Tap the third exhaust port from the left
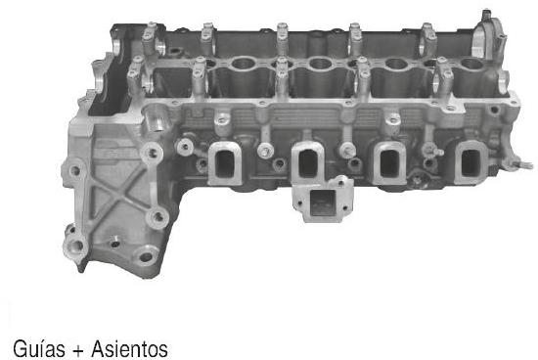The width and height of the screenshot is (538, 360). point(391,158)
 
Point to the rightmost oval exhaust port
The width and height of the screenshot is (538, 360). point(469,158)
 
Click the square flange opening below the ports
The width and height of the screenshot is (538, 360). point(321,205)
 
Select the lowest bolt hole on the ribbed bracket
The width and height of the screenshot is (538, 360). point(147,257)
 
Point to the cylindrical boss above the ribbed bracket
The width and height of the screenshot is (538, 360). point(154,122)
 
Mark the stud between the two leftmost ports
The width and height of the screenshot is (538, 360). point(264,151)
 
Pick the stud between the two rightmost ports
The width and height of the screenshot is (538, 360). point(428,153)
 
